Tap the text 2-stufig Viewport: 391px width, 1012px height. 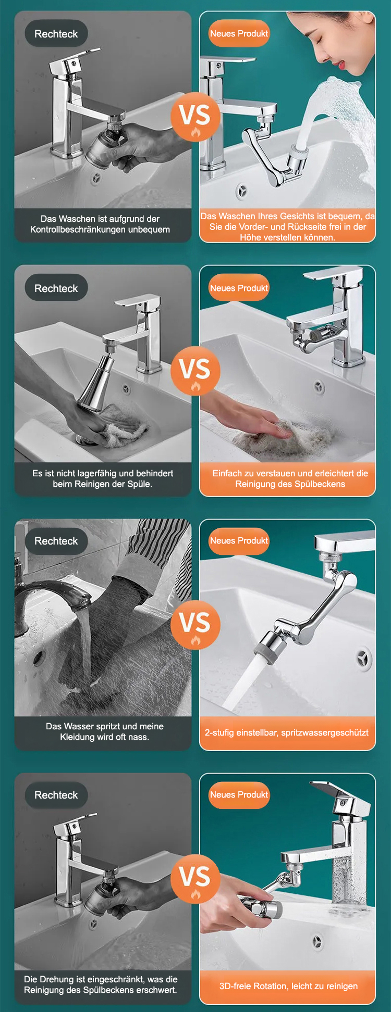coord(219,732)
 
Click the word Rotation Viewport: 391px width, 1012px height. coord(270,986)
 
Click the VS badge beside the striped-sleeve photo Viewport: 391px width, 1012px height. coord(195,624)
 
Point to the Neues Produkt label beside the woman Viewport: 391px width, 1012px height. coord(239,33)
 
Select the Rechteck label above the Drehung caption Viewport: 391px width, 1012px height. coord(56,795)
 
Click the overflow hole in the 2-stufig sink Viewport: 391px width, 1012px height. coord(363,660)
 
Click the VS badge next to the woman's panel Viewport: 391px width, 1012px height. coord(195,116)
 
